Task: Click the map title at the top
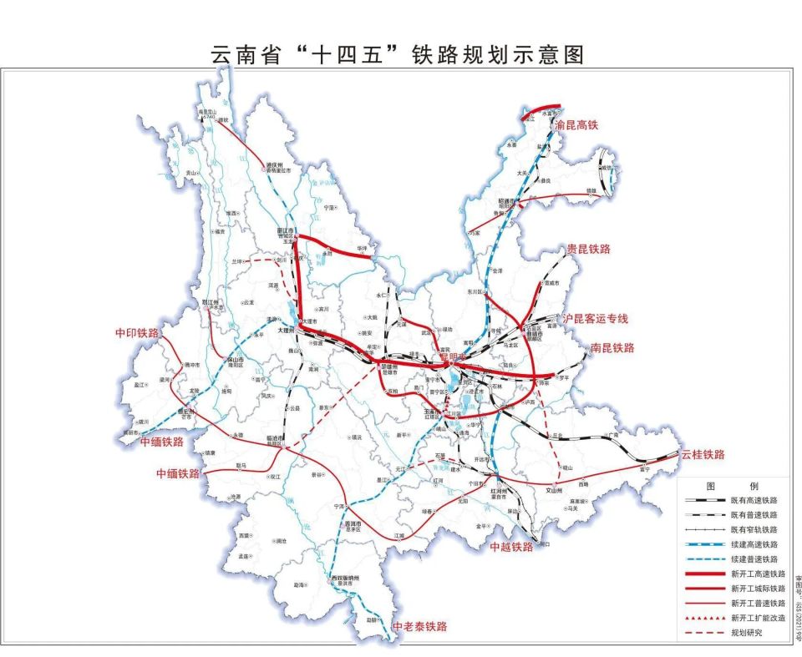tap(397, 56)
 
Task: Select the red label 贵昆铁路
tap(589, 250)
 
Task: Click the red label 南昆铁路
tap(612, 347)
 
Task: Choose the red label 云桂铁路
tap(703, 455)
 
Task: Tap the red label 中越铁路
tap(511, 547)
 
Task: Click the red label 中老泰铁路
tap(419, 626)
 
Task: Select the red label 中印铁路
tap(136, 333)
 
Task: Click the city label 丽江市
tap(287, 232)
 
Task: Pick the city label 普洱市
tap(354, 524)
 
